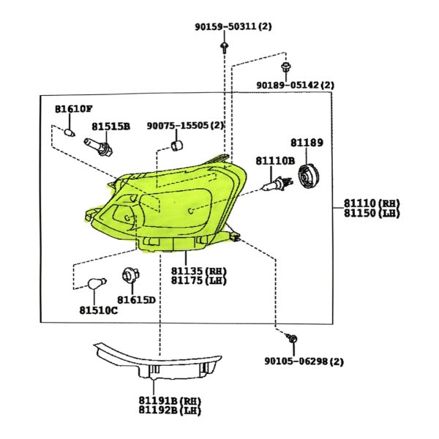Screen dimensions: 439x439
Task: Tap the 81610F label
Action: point(74,109)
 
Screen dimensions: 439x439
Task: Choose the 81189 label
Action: point(306,143)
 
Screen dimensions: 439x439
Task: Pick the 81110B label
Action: point(274,160)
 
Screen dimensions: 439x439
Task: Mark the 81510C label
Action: point(99,309)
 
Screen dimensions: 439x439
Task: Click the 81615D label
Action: point(137,300)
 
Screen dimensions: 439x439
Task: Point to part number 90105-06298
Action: point(304,361)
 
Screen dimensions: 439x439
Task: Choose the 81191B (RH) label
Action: point(170,400)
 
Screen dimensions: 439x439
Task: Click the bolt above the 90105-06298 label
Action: point(292,339)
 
